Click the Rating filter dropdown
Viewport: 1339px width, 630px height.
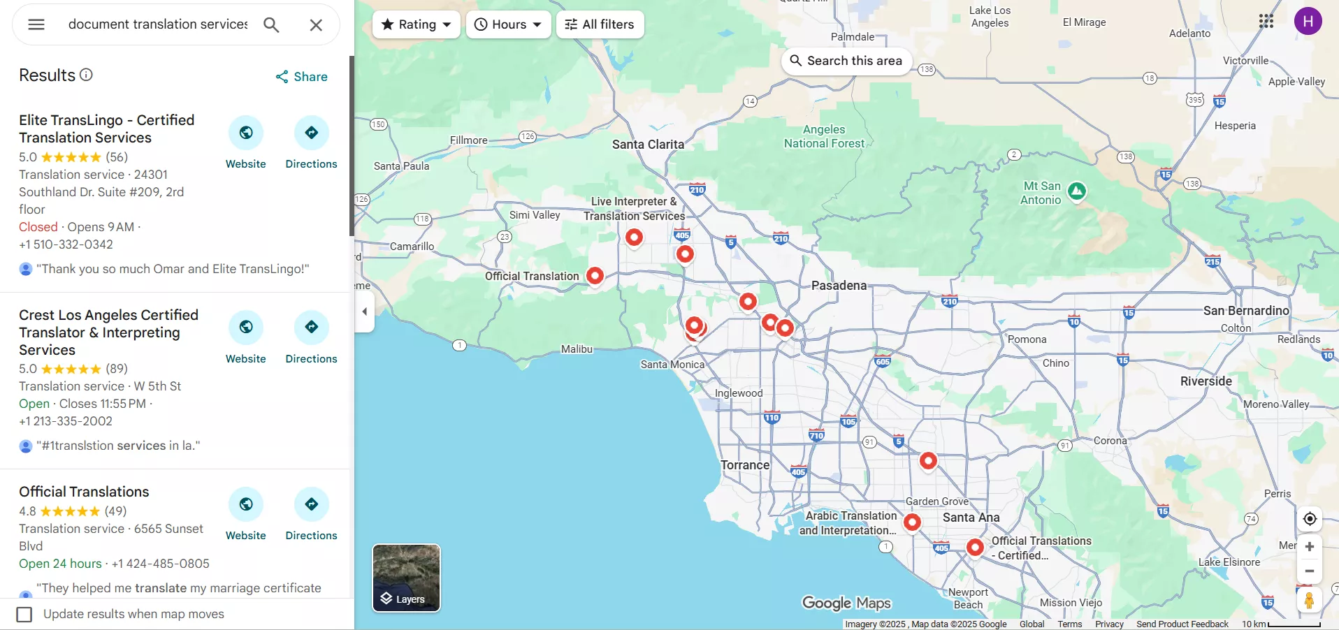coord(417,24)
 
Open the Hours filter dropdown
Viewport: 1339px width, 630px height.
coord(508,24)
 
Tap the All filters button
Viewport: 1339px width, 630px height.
coord(600,24)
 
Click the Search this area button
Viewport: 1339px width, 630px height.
coord(846,61)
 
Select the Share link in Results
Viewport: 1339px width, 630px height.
coord(302,77)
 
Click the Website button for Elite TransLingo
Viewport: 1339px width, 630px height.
coord(246,133)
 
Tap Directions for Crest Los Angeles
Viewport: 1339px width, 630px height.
coord(312,327)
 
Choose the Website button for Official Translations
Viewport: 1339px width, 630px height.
coord(246,504)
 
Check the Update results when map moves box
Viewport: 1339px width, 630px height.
coord(24,614)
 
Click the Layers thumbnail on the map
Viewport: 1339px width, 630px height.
coord(406,578)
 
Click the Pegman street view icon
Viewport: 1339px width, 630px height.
coord(1309,600)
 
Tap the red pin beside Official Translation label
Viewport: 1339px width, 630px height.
coord(595,275)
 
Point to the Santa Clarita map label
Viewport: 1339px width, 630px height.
coord(648,145)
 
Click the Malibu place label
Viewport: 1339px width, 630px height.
coord(577,349)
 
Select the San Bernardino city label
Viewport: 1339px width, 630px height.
coord(1245,311)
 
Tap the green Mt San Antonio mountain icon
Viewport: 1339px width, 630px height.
coord(1077,190)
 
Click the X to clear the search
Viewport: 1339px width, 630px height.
coord(316,25)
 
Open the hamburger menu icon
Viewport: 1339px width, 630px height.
coord(36,24)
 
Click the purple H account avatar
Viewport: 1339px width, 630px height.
coord(1308,21)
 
